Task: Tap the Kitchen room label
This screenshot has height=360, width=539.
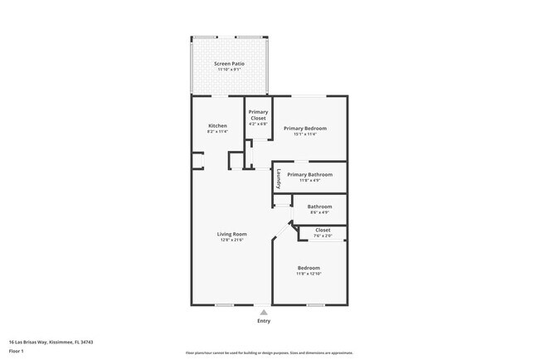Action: (217, 126)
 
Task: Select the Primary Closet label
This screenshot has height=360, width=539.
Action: (258, 114)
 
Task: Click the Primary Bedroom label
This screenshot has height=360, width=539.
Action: (304, 129)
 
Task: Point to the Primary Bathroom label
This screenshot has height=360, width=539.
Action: (309, 175)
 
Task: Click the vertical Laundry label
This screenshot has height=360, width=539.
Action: (279, 179)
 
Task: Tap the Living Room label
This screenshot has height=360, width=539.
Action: (232, 234)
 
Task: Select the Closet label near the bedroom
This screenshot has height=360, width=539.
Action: (323, 230)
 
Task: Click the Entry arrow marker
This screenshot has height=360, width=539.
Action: (264, 312)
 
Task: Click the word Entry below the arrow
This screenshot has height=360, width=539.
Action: (264, 321)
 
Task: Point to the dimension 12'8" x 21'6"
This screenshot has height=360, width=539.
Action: (232, 241)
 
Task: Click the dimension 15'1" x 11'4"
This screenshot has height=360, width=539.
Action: (304, 134)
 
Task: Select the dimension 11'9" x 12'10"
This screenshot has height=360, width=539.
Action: (309, 274)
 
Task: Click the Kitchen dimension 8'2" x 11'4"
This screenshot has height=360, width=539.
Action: (217, 132)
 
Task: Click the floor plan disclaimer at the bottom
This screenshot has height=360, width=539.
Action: (269, 353)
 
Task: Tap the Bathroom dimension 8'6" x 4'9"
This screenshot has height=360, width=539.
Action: (319, 212)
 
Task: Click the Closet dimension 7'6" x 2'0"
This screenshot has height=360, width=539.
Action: (323, 236)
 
